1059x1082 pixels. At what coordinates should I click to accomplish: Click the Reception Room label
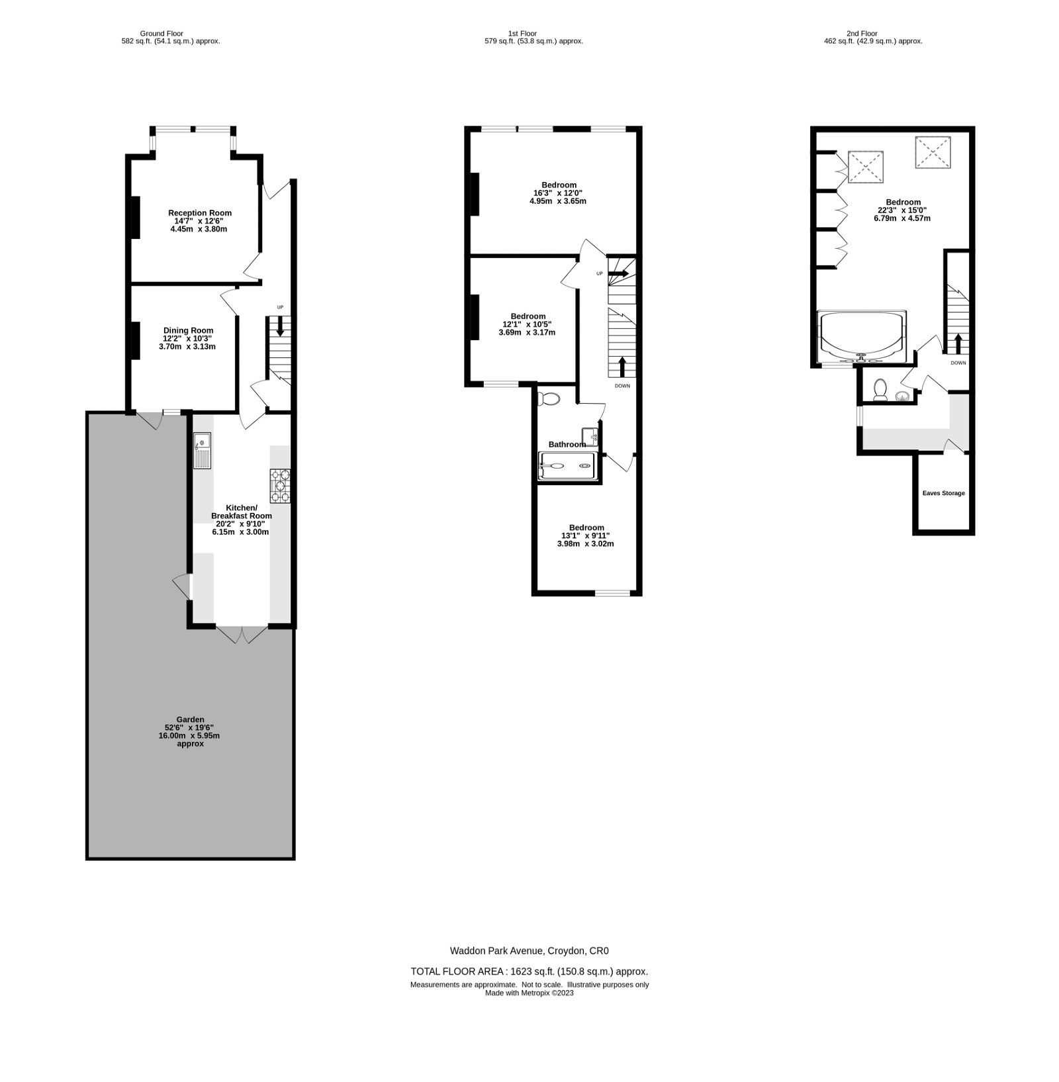click(199, 213)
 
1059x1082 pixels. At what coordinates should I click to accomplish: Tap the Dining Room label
click(188, 331)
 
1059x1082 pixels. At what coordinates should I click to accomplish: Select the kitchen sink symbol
click(202, 450)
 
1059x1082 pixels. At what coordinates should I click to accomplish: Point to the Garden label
click(190, 719)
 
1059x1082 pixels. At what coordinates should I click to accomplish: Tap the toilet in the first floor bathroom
click(549, 398)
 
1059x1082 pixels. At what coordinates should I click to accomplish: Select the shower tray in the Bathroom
click(567, 466)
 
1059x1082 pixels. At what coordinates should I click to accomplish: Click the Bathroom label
click(567, 445)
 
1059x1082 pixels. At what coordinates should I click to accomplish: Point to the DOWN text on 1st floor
click(622, 386)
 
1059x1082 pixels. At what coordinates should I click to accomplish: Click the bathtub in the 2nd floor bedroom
click(861, 336)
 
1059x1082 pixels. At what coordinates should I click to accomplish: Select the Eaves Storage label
click(943, 493)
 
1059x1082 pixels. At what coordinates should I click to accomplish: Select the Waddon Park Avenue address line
click(529, 951)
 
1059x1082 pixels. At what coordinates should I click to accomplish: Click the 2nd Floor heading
click(862, 33)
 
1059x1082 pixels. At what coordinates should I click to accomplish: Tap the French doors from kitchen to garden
click(242, 633)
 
